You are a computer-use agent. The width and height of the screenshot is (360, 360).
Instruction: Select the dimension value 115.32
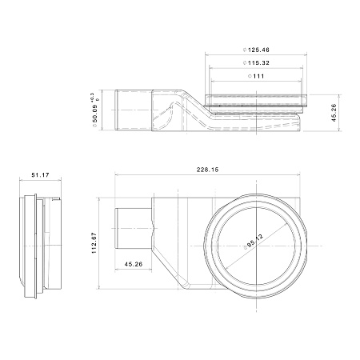(258, 63)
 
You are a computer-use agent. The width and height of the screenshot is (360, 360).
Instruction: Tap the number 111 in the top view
(258, 76)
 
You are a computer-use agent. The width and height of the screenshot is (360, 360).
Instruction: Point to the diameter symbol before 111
(250, 76)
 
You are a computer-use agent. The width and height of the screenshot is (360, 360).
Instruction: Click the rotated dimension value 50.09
(95, 114)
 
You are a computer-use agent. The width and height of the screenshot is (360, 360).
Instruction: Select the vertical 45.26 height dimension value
(334, 113)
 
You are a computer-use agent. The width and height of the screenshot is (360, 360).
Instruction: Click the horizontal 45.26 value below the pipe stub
(134, 264)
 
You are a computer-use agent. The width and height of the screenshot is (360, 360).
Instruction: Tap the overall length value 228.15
(207, 170)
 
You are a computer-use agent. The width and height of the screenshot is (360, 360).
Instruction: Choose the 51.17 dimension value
(40, 175)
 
